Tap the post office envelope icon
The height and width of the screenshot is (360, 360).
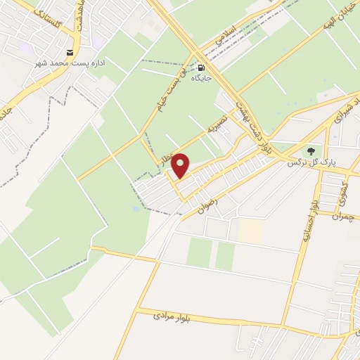point(69,52)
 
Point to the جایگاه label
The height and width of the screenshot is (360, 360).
point(189,78)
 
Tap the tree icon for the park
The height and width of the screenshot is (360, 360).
point(310,150)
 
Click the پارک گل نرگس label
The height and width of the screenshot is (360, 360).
point(312,162)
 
